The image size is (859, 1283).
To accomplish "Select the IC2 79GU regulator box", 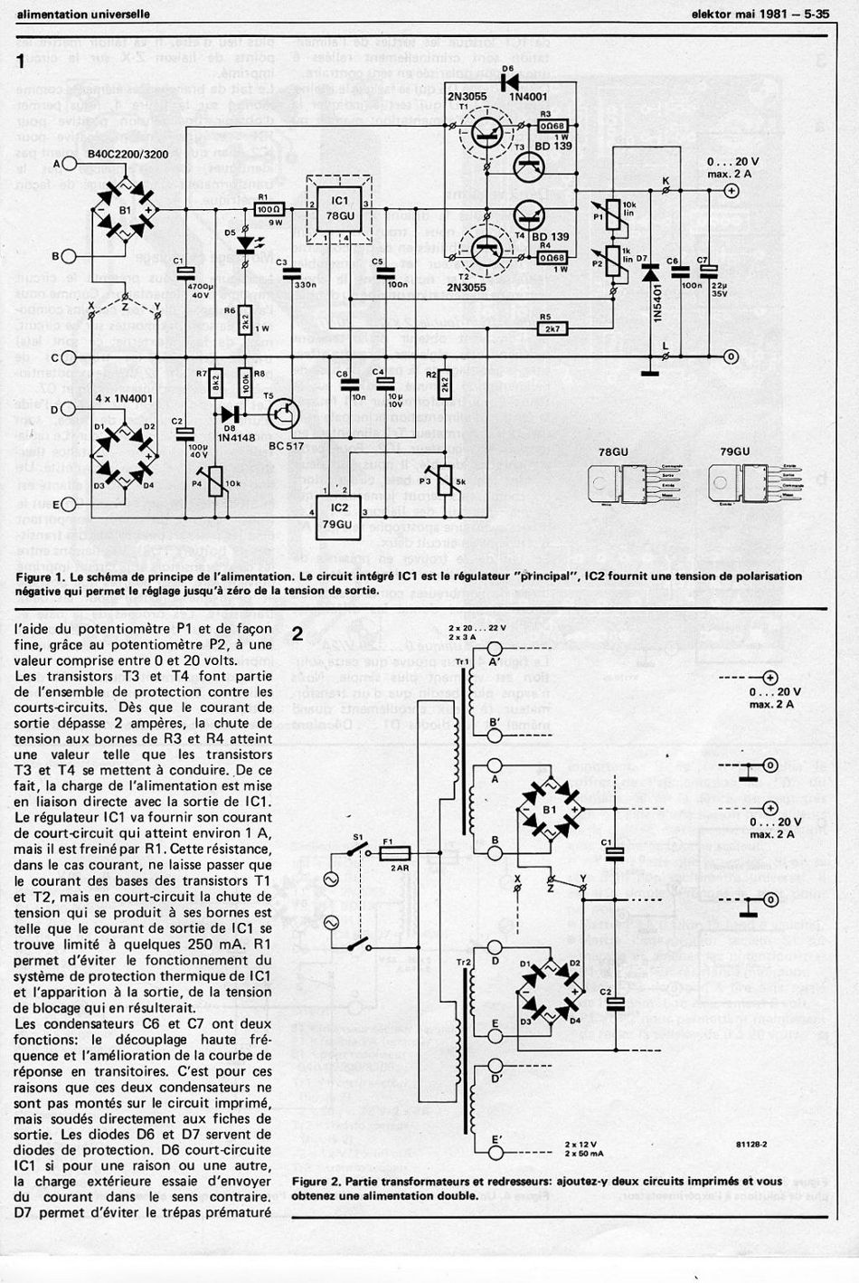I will (340, 512).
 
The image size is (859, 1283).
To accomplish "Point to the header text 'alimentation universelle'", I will (84, 14).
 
